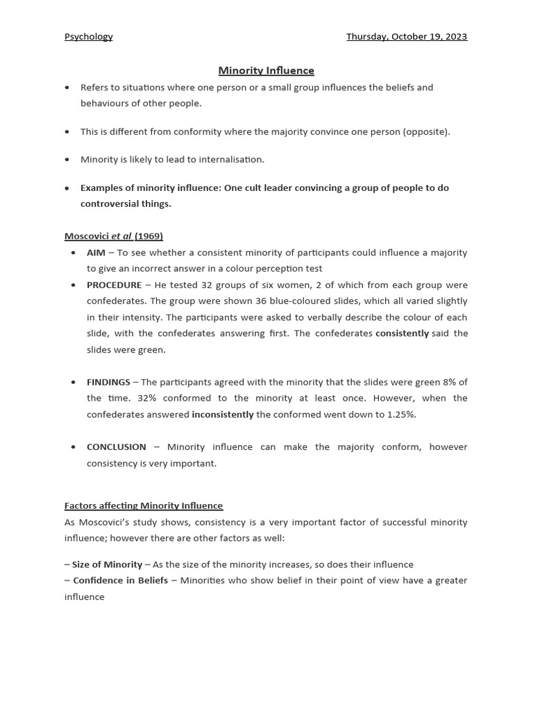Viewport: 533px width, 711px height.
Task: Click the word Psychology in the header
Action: click(x=88, y=37)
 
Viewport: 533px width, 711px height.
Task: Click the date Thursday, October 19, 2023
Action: click(x=407, y=37)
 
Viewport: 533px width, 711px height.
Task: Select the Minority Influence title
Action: click(x=266, y=70)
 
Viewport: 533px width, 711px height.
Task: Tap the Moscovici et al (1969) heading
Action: click(x=113, y=236)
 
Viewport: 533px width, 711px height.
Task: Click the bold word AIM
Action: click(x=96, y=253)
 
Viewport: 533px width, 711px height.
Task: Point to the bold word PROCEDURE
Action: click(x=114, y=285)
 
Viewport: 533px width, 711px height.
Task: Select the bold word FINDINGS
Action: click(x=108, y=382)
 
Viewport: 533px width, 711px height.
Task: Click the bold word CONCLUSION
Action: click(x=116, y=447)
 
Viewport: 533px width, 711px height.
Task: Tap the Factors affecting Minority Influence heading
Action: click(x=144, y=505)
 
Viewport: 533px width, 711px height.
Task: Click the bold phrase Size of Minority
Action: click(x=107, y=564)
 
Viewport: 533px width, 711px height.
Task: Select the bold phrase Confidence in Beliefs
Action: click(x=120, y=580)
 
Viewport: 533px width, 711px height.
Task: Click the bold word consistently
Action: click(x=402, y=333)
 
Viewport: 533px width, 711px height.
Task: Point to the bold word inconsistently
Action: click(x=222, y=415)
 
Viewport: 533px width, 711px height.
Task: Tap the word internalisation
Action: click(x=230, y=160)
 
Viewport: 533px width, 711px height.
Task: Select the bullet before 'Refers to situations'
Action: click(x=67, y=88)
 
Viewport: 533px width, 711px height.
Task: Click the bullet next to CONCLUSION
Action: click(x=74, y=447)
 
